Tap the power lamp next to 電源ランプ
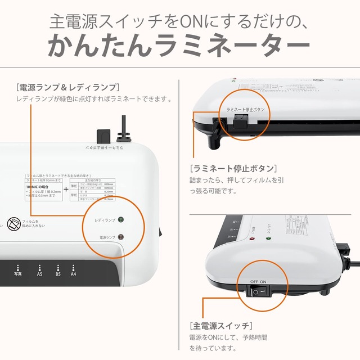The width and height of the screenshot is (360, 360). pyautogui.click(x=121, y=237)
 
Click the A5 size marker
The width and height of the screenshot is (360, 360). pyautogui.click(x=39, y=271)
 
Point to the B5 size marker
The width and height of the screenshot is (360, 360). pyautogui.click(x=57, y=271)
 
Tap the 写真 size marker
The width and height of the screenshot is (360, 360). pyautogui.click(x=18, y=271)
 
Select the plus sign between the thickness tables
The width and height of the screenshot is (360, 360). pyautogui.click(x=66, y=188)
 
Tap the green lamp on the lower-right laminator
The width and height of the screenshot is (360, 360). pyautogui.click(x=268, y=237)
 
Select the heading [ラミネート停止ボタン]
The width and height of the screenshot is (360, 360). pyautogui.click(x=233, y=168)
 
